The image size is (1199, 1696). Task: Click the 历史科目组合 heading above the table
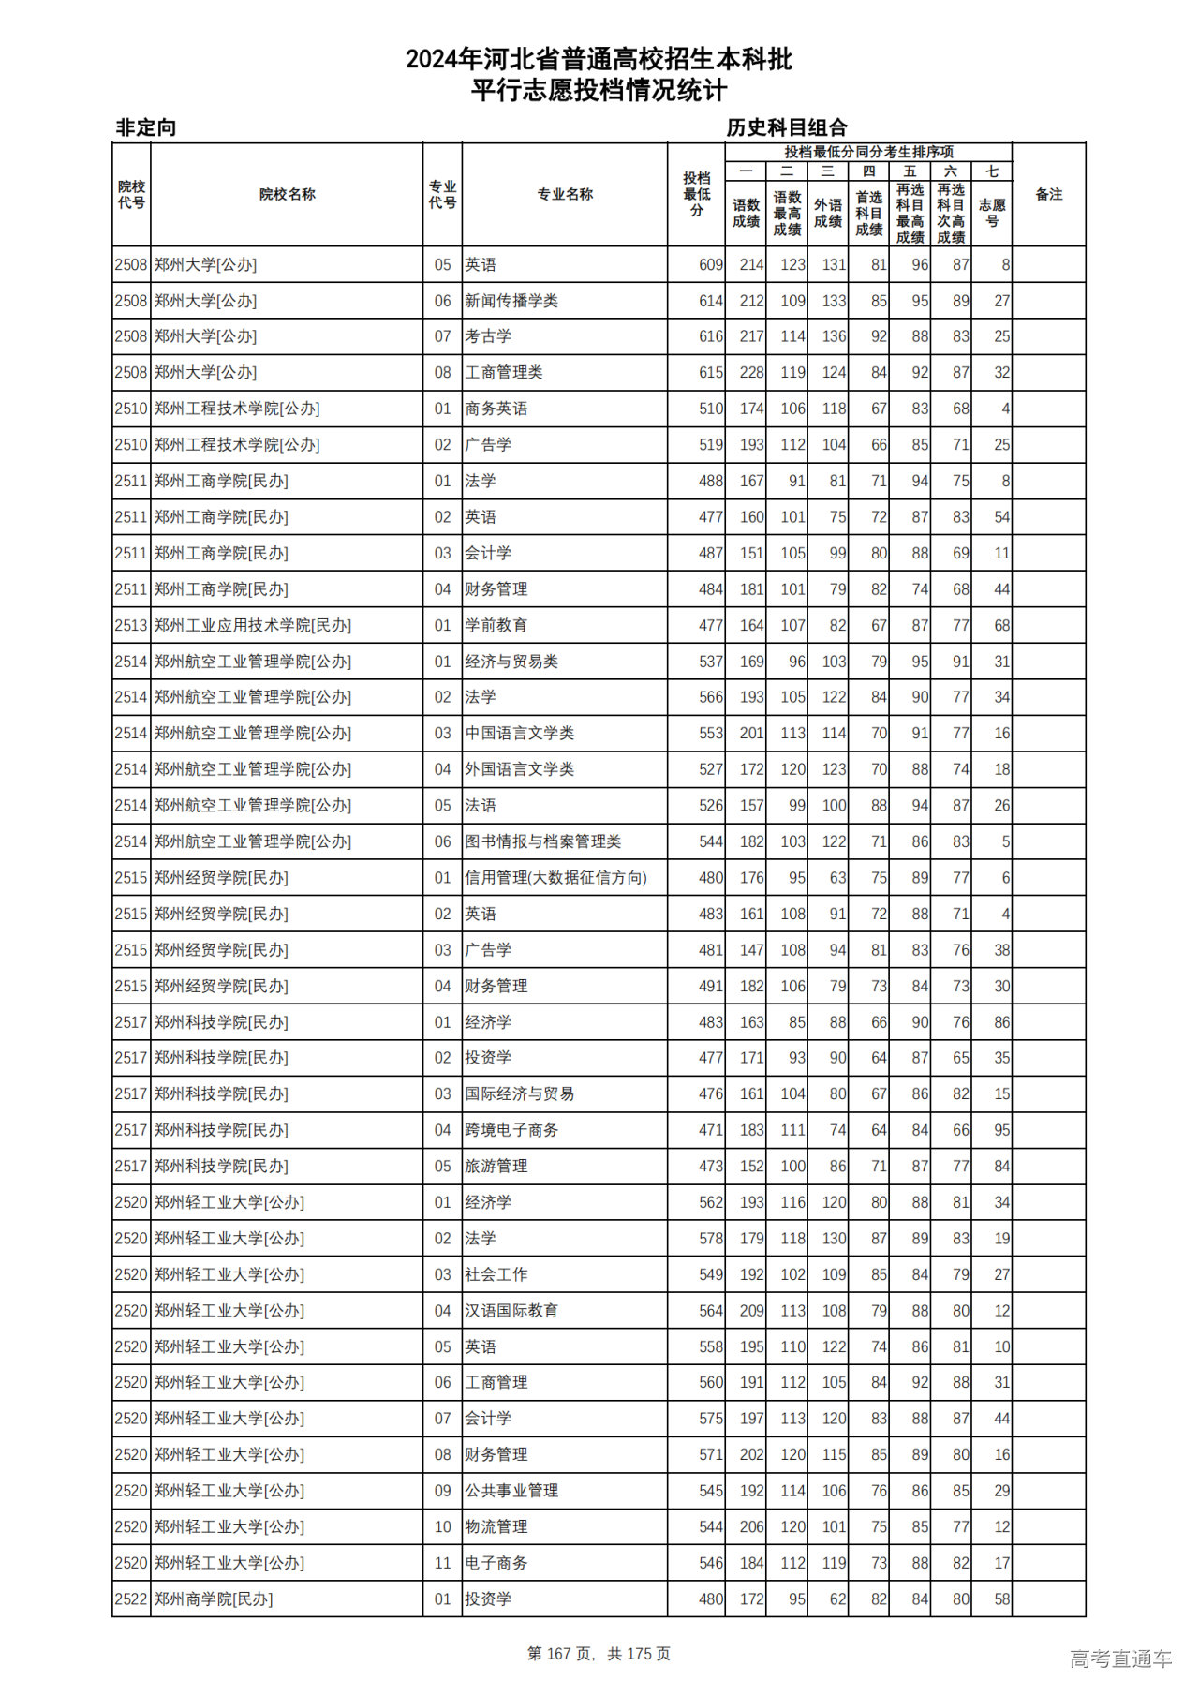pyautogui.click(x=787, y=127)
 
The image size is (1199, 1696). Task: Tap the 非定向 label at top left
pyautogui.click(x=146, y=127)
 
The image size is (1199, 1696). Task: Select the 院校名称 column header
pyautogui.click(x=287, y=194)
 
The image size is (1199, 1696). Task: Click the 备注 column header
pyautogui.click(x=1048, y=194)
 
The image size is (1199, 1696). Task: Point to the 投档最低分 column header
pyautogui.click(x=696, y=194)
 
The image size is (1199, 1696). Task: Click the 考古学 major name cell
pyautogui.click(x=488, y=336)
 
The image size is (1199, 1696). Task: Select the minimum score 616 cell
pyautogui.click(x=711, y=336)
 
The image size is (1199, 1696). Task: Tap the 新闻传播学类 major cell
pyautogui.click(x=511, y=301)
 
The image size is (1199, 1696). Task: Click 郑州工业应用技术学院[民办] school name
pyautogui.click(x=253, y=625)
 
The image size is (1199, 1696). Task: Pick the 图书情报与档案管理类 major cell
pyautogui.click(x=543, y=841)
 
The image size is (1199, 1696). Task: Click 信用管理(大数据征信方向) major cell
pyautogui.click(x=555, y=878)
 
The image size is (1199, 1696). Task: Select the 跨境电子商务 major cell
pyautogui.click(x=511, y=1130)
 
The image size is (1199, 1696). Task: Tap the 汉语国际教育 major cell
pyautogui.click(x=511, y=1311)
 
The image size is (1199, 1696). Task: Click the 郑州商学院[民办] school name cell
pyautogui.click(x=214, y=1599)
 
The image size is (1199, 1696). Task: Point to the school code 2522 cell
pyautogui.click(x=131, y=1599)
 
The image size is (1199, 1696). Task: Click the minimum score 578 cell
pyautogui.click(x=711, y=1239)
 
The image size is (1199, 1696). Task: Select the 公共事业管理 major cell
pyautogui.click(x=511, y=1491)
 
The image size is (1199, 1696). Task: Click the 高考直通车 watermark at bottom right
pyautogui.click(x=1120, y=1659)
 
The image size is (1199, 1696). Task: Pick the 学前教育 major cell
pyautogui.click(x=496, y=625)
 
